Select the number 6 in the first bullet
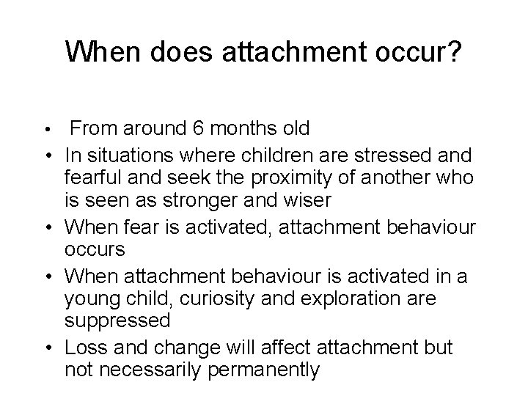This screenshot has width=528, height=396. (197, 129)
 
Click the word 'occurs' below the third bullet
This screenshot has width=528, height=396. (95, 249)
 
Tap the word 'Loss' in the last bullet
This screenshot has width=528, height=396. (88, 346)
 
